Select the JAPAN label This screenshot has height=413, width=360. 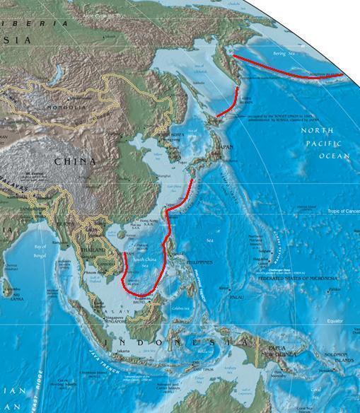click(x=224, y=147)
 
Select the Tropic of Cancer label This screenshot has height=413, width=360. click(x=343, y=211)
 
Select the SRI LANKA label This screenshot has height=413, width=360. click(x=10, y=296)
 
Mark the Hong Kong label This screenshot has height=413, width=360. click(x=150, y=221)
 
